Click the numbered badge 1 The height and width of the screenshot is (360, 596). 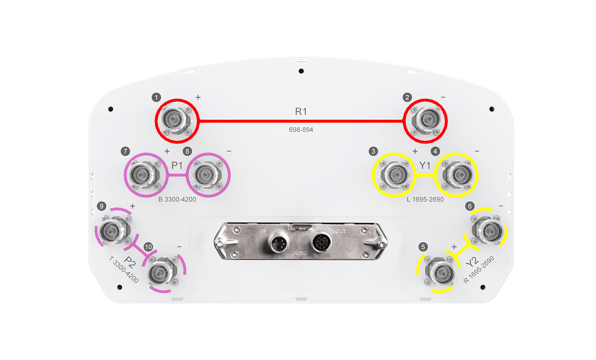point(156,98)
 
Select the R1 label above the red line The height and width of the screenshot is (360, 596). point(301,111)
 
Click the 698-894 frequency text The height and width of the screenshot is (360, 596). point(301,130)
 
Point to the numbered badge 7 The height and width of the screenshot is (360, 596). point(125,151)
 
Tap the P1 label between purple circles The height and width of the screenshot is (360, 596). point(177,165)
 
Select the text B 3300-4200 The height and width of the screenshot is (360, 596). point(177,199)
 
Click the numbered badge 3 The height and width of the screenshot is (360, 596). point(373,151)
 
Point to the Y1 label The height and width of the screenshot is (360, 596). point(425,165)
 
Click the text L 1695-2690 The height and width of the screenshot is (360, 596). point(425,199)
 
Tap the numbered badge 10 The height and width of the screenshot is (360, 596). point(148,247)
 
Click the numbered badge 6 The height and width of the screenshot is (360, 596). point(470,206)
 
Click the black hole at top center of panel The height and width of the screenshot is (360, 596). point(301,71)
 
